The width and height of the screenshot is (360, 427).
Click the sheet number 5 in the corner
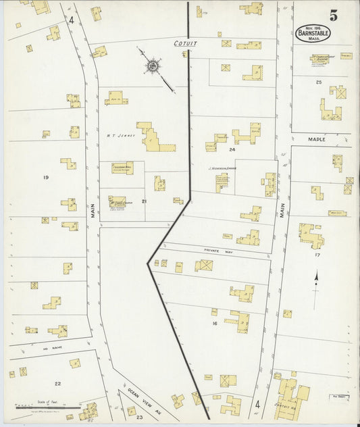pyautogui.click(x=334, y=14)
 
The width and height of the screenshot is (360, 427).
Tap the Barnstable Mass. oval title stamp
pyautogui.click(x=313, y=34)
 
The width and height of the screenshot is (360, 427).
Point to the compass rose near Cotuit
pyautogui.click(x=153, y=66)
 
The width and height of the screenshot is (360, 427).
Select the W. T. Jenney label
pyautogui.click(x=121, y=135)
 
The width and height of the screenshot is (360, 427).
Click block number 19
pyautogui.click(x=46, y=178)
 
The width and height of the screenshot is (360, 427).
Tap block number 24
pyautogui.click(x=232, y=149)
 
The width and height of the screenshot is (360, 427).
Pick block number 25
pyautogui.click(x=317, y=82)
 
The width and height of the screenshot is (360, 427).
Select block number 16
pyautogui.click(x=214, y=324)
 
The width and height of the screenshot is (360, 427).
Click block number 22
pyautogui.click(x=58, y=383)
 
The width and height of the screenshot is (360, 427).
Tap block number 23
pyautogui.click(x=139, y=418)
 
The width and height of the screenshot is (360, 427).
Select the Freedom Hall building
pyautogui.click(x=122, y=168)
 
